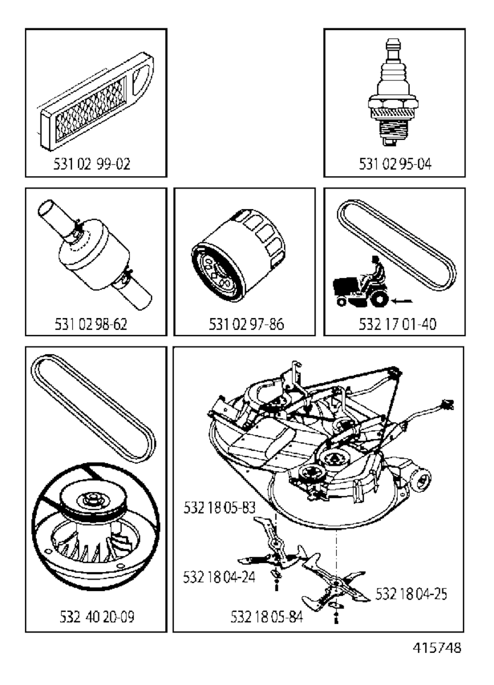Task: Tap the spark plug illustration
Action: [x=393, y=93]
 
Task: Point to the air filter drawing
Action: [x=96, y=101]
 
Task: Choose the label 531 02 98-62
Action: [x=91, y=324]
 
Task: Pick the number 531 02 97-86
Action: [x=247, y=324]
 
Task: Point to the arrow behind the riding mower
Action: [x=402, y=301]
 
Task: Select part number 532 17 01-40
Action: [x=398, y=324]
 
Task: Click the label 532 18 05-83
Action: [x=219, y=508]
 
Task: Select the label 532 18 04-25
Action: [x=411, y=594]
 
